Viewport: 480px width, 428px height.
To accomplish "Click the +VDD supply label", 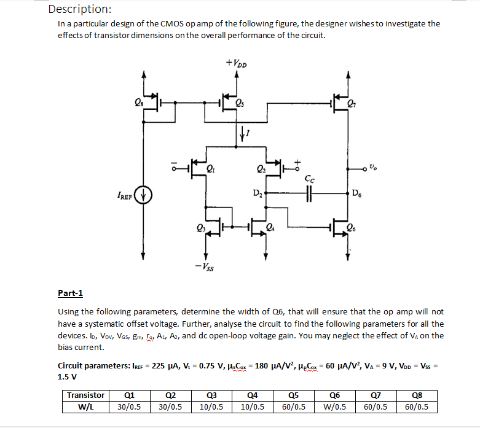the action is coord(236,63).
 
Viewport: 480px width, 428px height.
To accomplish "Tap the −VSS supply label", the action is coord(205,267).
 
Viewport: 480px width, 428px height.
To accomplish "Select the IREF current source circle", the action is coord(144,196).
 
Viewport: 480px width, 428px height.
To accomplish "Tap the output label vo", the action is coord(374,166).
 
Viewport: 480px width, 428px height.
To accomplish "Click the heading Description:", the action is coord(79,9).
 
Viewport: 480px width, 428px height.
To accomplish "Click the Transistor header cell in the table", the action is coord(85,395).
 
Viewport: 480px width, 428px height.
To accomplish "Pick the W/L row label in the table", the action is coord(85,406).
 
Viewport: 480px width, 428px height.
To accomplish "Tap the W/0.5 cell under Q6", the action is coord(335,406).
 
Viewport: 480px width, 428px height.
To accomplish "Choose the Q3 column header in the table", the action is coord(211,395).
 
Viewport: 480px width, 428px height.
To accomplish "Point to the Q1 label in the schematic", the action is coord(211,166).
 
